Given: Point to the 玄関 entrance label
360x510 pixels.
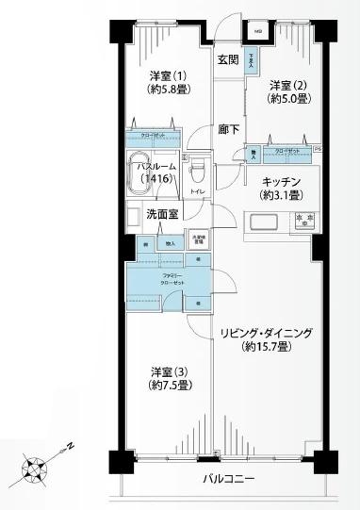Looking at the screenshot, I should coord(227,59).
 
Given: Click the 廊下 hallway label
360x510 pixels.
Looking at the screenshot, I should coord(228,130).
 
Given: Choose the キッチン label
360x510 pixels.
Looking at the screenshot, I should coord(282,180).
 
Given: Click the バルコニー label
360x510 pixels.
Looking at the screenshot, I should coord(229,480).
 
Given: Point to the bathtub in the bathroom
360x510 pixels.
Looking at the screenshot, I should coord(141,171).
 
